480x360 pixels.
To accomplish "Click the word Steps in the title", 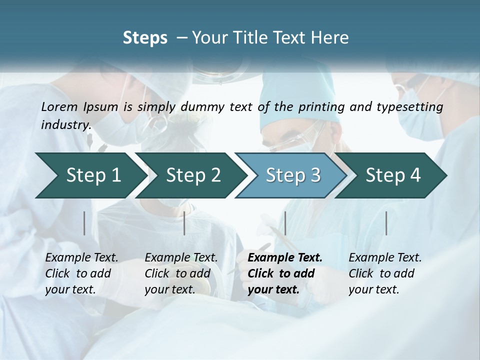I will tap(145, 38).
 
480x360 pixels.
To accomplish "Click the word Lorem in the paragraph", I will tap(59, 107).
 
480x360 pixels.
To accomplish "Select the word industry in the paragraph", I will tap(65, 124).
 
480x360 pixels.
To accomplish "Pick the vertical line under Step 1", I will tap(84, 223).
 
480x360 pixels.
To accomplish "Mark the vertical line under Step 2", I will tap(184, 223).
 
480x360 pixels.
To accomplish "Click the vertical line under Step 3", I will tap(285, 223).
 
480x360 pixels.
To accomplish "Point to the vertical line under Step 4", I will tap(386, 223).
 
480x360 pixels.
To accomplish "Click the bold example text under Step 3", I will tap(285, 273).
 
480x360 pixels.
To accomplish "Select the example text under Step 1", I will tap(81, 273).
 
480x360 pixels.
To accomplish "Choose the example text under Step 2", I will tap(181, 273).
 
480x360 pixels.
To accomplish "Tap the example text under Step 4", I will tap(385, 273).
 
